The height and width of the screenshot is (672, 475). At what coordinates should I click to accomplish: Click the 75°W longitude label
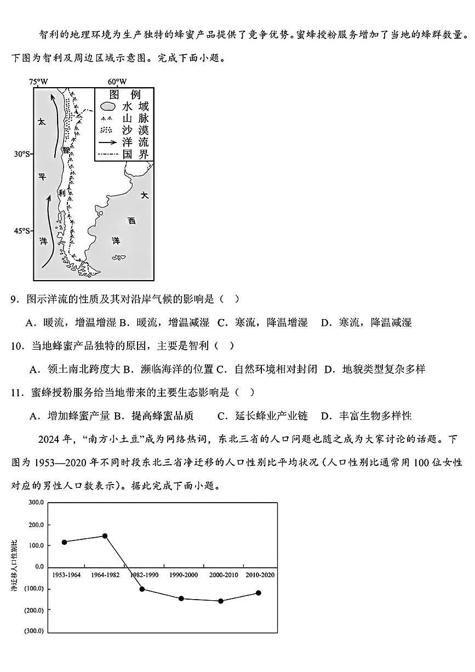coord(38,82)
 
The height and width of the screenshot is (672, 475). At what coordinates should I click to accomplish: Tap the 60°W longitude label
coord(117,82)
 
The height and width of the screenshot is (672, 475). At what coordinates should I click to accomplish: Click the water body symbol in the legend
coord(108,106)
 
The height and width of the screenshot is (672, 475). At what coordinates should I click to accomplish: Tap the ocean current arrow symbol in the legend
coord(108,143)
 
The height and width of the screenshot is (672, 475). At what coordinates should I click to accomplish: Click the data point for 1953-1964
coord(65,542)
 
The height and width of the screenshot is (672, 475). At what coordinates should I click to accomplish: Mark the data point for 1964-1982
coord(105,536)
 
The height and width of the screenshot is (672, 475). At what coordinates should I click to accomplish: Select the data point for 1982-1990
coord(142,589)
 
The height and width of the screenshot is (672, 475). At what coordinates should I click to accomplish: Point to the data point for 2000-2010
coord(221,601)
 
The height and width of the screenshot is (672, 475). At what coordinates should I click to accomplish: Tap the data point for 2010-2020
coord(258,593)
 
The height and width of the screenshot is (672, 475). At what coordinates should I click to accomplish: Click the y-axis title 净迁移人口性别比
coord(14,567)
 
